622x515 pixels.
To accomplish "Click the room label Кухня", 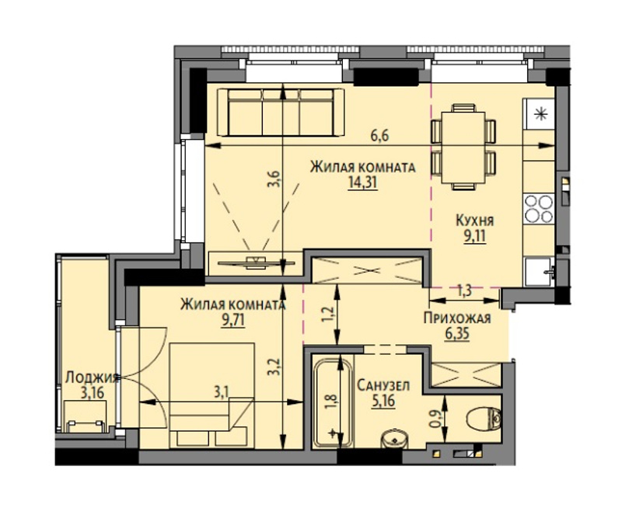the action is click(x=474, y=220).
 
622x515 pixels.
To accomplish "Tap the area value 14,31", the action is click(x=362, y=183).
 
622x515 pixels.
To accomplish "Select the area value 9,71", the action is click(x=232, y=320).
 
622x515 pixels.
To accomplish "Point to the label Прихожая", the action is click(x=457, y=318).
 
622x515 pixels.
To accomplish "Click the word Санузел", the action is click(x=383, y=385).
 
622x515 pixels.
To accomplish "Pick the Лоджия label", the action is click(x=92, y=377).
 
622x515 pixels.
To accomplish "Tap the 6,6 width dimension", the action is click(x=379, y=136).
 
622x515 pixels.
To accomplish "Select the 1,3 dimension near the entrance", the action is click(x=463, y=291).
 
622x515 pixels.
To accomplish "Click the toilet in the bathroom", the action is click(x=484, y=419).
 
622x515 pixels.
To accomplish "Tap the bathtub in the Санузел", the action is click(x=333, y=402).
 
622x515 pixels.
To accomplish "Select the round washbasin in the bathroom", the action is click(x=395, y=440).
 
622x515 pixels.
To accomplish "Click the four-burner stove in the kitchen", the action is click(x=539, y=208).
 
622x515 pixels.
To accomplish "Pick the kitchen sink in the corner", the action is click(x=540, y=272).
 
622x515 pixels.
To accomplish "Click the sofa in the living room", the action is click(x=281, y=112).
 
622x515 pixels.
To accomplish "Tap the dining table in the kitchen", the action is click(x=463, y=148).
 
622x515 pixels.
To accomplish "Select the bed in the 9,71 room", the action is click(x=211, y=395).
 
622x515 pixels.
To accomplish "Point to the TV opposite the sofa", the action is click(x=256, y=263).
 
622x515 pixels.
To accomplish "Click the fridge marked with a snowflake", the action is click(x=539, y=114).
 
